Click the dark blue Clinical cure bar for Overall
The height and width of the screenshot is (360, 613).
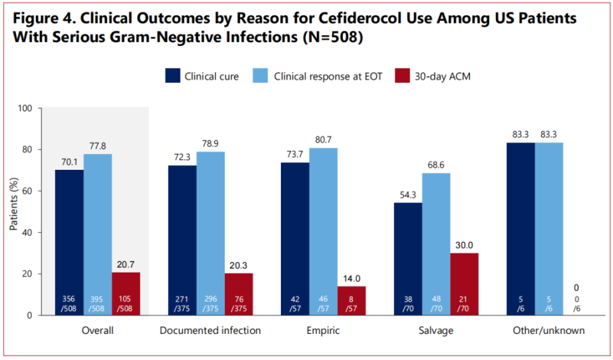pyautogui.click(x=69, y=242)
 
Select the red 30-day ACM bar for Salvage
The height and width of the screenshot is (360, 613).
pyautogui.click(x=464, y=283)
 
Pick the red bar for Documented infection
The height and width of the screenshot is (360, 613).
pyautogui.click(x=239, y=294)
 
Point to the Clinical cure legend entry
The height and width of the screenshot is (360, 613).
pyautogui.click(x=202, y=77)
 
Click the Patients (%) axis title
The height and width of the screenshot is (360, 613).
pyautogui.click(x=13, y=211)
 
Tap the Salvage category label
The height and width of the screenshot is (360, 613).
pyautogui.click(x=436, y=331)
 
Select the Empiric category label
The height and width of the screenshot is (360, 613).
pyautogui.click(x=323, y=331)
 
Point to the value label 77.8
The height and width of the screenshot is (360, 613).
pyautogui.click(x=97, y=146)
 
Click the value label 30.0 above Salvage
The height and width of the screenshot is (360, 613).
pyautogui.click(x=464, y=245)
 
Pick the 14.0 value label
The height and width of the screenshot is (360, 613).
pyautogui.click(x=352, y=278)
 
